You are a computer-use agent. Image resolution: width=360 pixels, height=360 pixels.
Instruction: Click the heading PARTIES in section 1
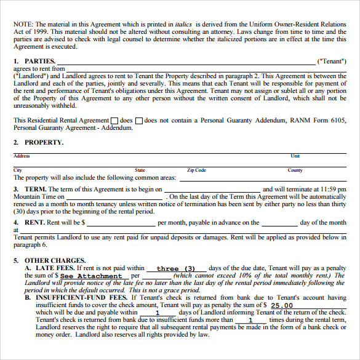click(x=40, y=62)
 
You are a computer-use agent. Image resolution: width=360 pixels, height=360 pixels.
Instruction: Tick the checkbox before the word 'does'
click(x=114, y=121)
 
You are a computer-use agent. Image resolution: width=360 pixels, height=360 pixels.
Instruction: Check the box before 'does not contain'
click(x=138, y=121)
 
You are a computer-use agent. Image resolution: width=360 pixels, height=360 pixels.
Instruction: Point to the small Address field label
click(x=22, y=156)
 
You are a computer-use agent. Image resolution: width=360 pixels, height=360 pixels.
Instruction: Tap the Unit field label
click(x=295, y=156)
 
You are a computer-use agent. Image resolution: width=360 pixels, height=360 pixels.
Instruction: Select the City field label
click(x=18, y=170)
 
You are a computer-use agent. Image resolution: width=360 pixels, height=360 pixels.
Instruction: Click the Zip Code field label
click(x=196, y=170)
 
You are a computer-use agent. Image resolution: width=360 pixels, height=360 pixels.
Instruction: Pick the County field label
click(x=295, y=170)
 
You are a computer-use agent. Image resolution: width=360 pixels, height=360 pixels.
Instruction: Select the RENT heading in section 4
click(x=34, y=223)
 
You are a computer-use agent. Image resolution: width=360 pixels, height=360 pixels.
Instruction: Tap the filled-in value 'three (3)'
click(x=175, y=269)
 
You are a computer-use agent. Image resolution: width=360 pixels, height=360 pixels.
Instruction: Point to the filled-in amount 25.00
click(x=282, y=305)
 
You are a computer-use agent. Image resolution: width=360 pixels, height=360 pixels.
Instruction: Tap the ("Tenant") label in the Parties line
click(x=331, y=62)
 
